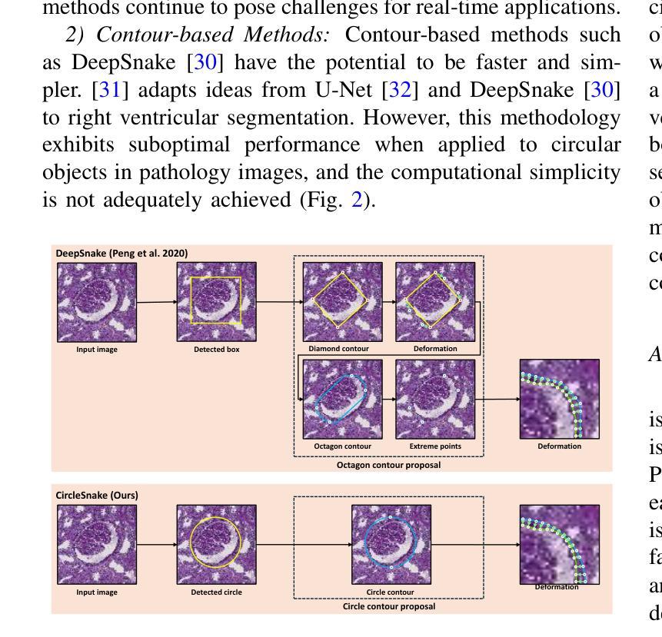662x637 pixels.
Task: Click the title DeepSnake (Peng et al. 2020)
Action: [x=121, y=253]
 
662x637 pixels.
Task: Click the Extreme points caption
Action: [x=435, y=446]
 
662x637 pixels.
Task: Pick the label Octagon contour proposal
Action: [x=388, y=464]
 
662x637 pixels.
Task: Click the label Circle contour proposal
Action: [x=388, y=606]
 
